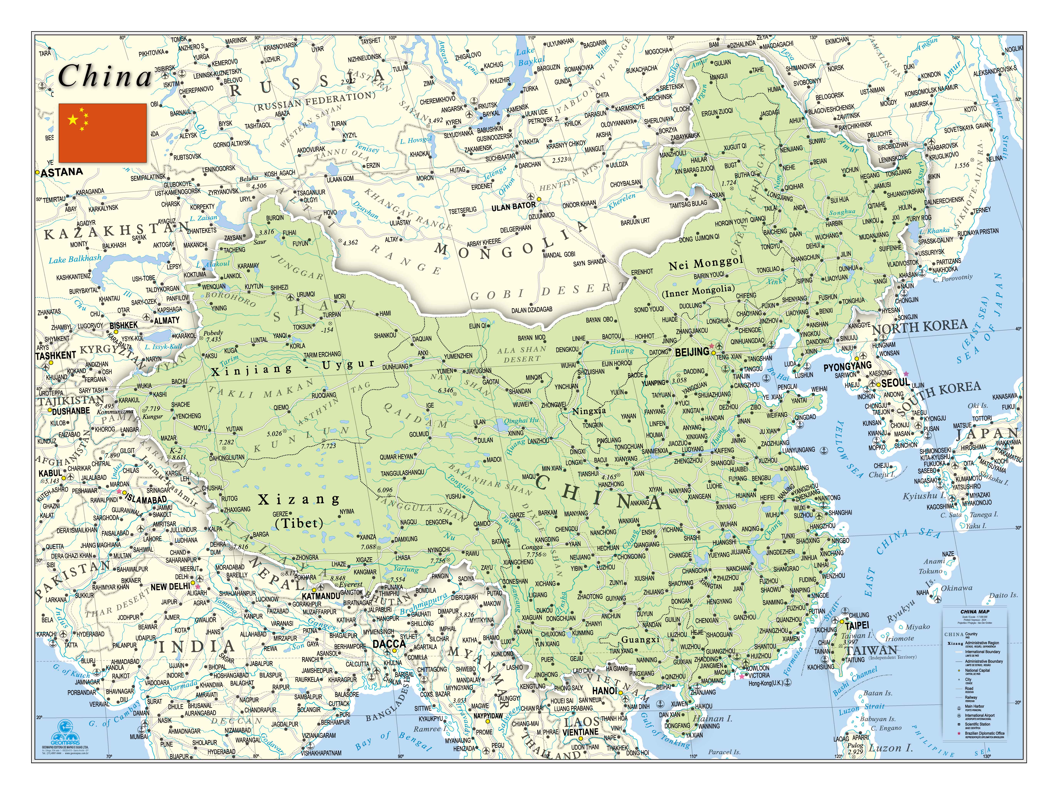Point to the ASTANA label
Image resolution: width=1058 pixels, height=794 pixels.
pos(62,172)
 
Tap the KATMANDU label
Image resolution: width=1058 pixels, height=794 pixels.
pos(320,596)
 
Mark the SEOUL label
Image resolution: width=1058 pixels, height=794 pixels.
pos(895,383)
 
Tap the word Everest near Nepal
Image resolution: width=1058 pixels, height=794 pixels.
pos(351,584)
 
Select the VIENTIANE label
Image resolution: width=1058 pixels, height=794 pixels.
pos(580,731)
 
